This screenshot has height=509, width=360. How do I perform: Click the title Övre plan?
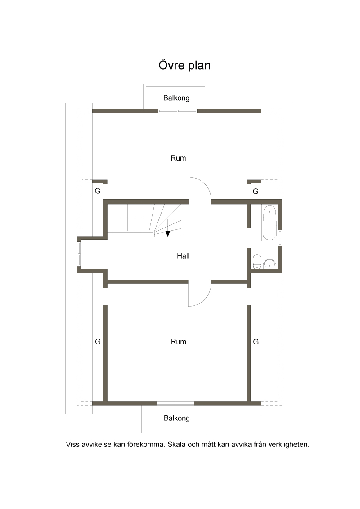point(184,65)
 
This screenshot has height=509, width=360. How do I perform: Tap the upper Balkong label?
point(176,98)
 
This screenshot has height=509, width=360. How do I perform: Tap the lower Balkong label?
point(177,419)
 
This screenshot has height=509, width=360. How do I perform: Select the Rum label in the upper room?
point(178,158)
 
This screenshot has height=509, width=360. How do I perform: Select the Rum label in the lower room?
point(178,342)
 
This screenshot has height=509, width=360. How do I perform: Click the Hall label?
point(183,256)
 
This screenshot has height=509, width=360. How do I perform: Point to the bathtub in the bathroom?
point(270,223)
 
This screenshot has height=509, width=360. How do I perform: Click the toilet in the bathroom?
point(257,262)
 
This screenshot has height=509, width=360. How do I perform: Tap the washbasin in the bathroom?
point(270,264)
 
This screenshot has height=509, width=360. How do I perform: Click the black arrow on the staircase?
point(168,233)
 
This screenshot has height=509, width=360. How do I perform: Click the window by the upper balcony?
point(178,111)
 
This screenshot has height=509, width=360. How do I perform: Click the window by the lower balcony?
point(175,403)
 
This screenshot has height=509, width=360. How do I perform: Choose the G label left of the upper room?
point(98,191)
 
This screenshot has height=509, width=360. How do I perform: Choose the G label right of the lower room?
point(256,342)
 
